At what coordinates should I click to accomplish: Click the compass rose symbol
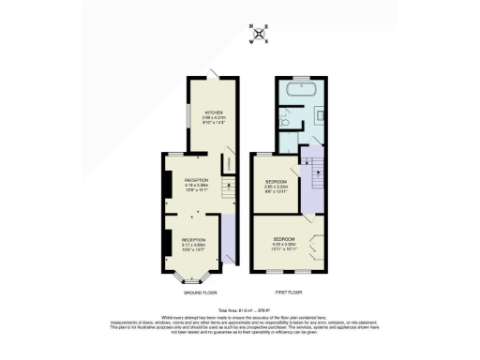(x=261, y=34)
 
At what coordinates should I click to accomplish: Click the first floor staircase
(x=313, y=172)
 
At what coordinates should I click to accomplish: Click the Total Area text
(x=241, y=308)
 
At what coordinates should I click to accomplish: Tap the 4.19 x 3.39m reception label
(x=196, y=184)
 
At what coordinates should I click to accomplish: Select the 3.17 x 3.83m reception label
(x=193, y=246)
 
